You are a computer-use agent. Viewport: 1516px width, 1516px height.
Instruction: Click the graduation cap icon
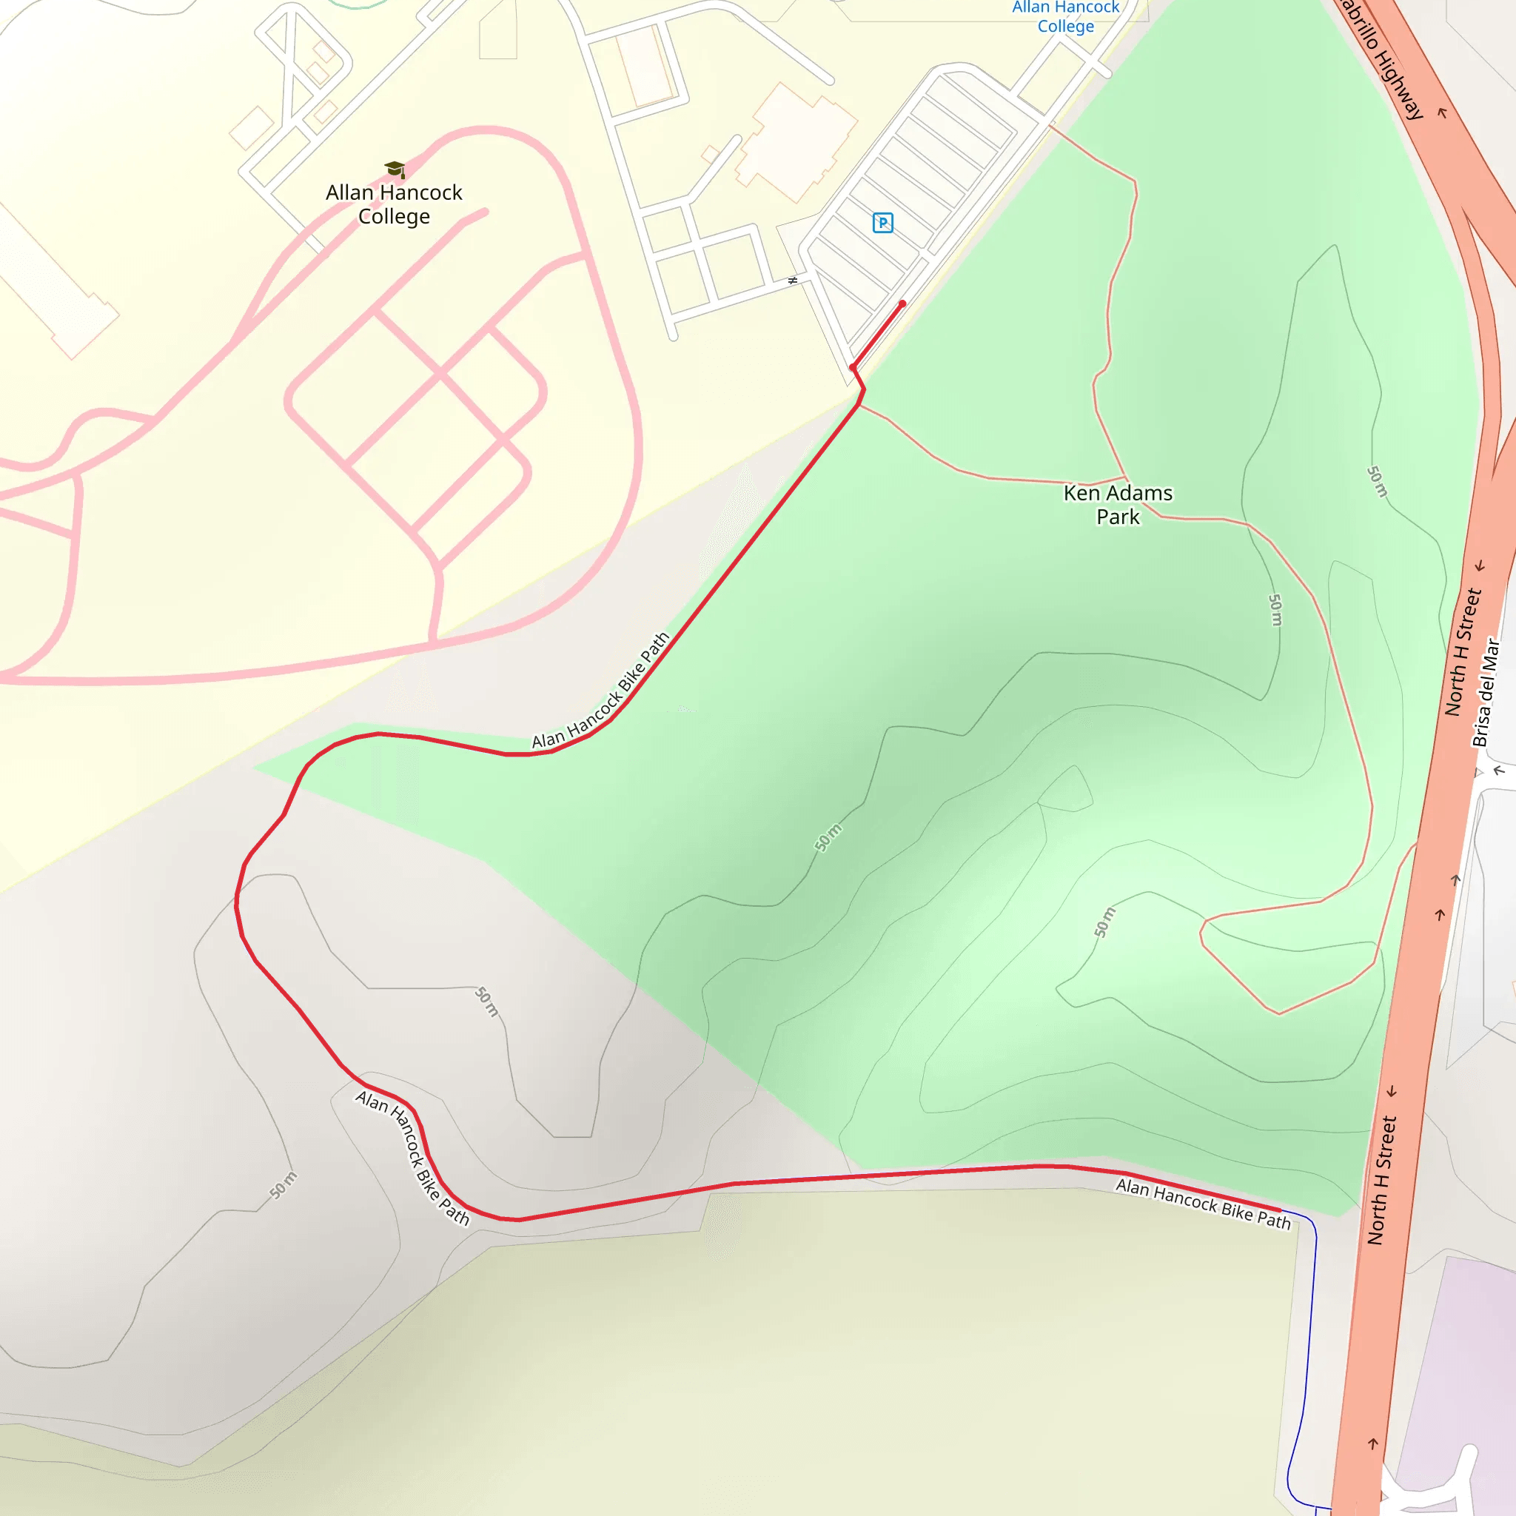click(395, 169)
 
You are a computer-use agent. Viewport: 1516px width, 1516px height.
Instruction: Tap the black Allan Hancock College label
click(394, 204)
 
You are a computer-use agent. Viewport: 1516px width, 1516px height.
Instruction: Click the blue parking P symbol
click(883, 223)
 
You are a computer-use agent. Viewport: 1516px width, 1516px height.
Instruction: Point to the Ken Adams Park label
click(1117, 505)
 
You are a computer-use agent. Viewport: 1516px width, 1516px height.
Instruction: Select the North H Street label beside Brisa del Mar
click(1463, 651)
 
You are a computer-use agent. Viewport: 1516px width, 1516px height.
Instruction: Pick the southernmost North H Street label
click(1382, 1180)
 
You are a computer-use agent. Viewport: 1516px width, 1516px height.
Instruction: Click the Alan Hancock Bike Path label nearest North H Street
click(1203, 1203)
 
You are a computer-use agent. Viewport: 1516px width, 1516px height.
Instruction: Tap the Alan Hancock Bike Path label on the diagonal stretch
click(601, 691)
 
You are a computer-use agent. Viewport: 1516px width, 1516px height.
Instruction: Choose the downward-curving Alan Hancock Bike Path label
click(413, 1157)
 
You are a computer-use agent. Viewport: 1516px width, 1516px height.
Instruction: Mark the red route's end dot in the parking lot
click(902, 303)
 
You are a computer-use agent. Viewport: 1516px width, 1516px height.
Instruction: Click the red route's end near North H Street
click(1279, 1211)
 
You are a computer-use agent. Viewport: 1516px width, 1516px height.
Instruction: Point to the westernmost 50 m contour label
click(284, 1185)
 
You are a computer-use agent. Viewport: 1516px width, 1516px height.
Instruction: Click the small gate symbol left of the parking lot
click(793, 280)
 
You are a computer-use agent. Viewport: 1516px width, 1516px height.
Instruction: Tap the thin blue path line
click(1308, 1334)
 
